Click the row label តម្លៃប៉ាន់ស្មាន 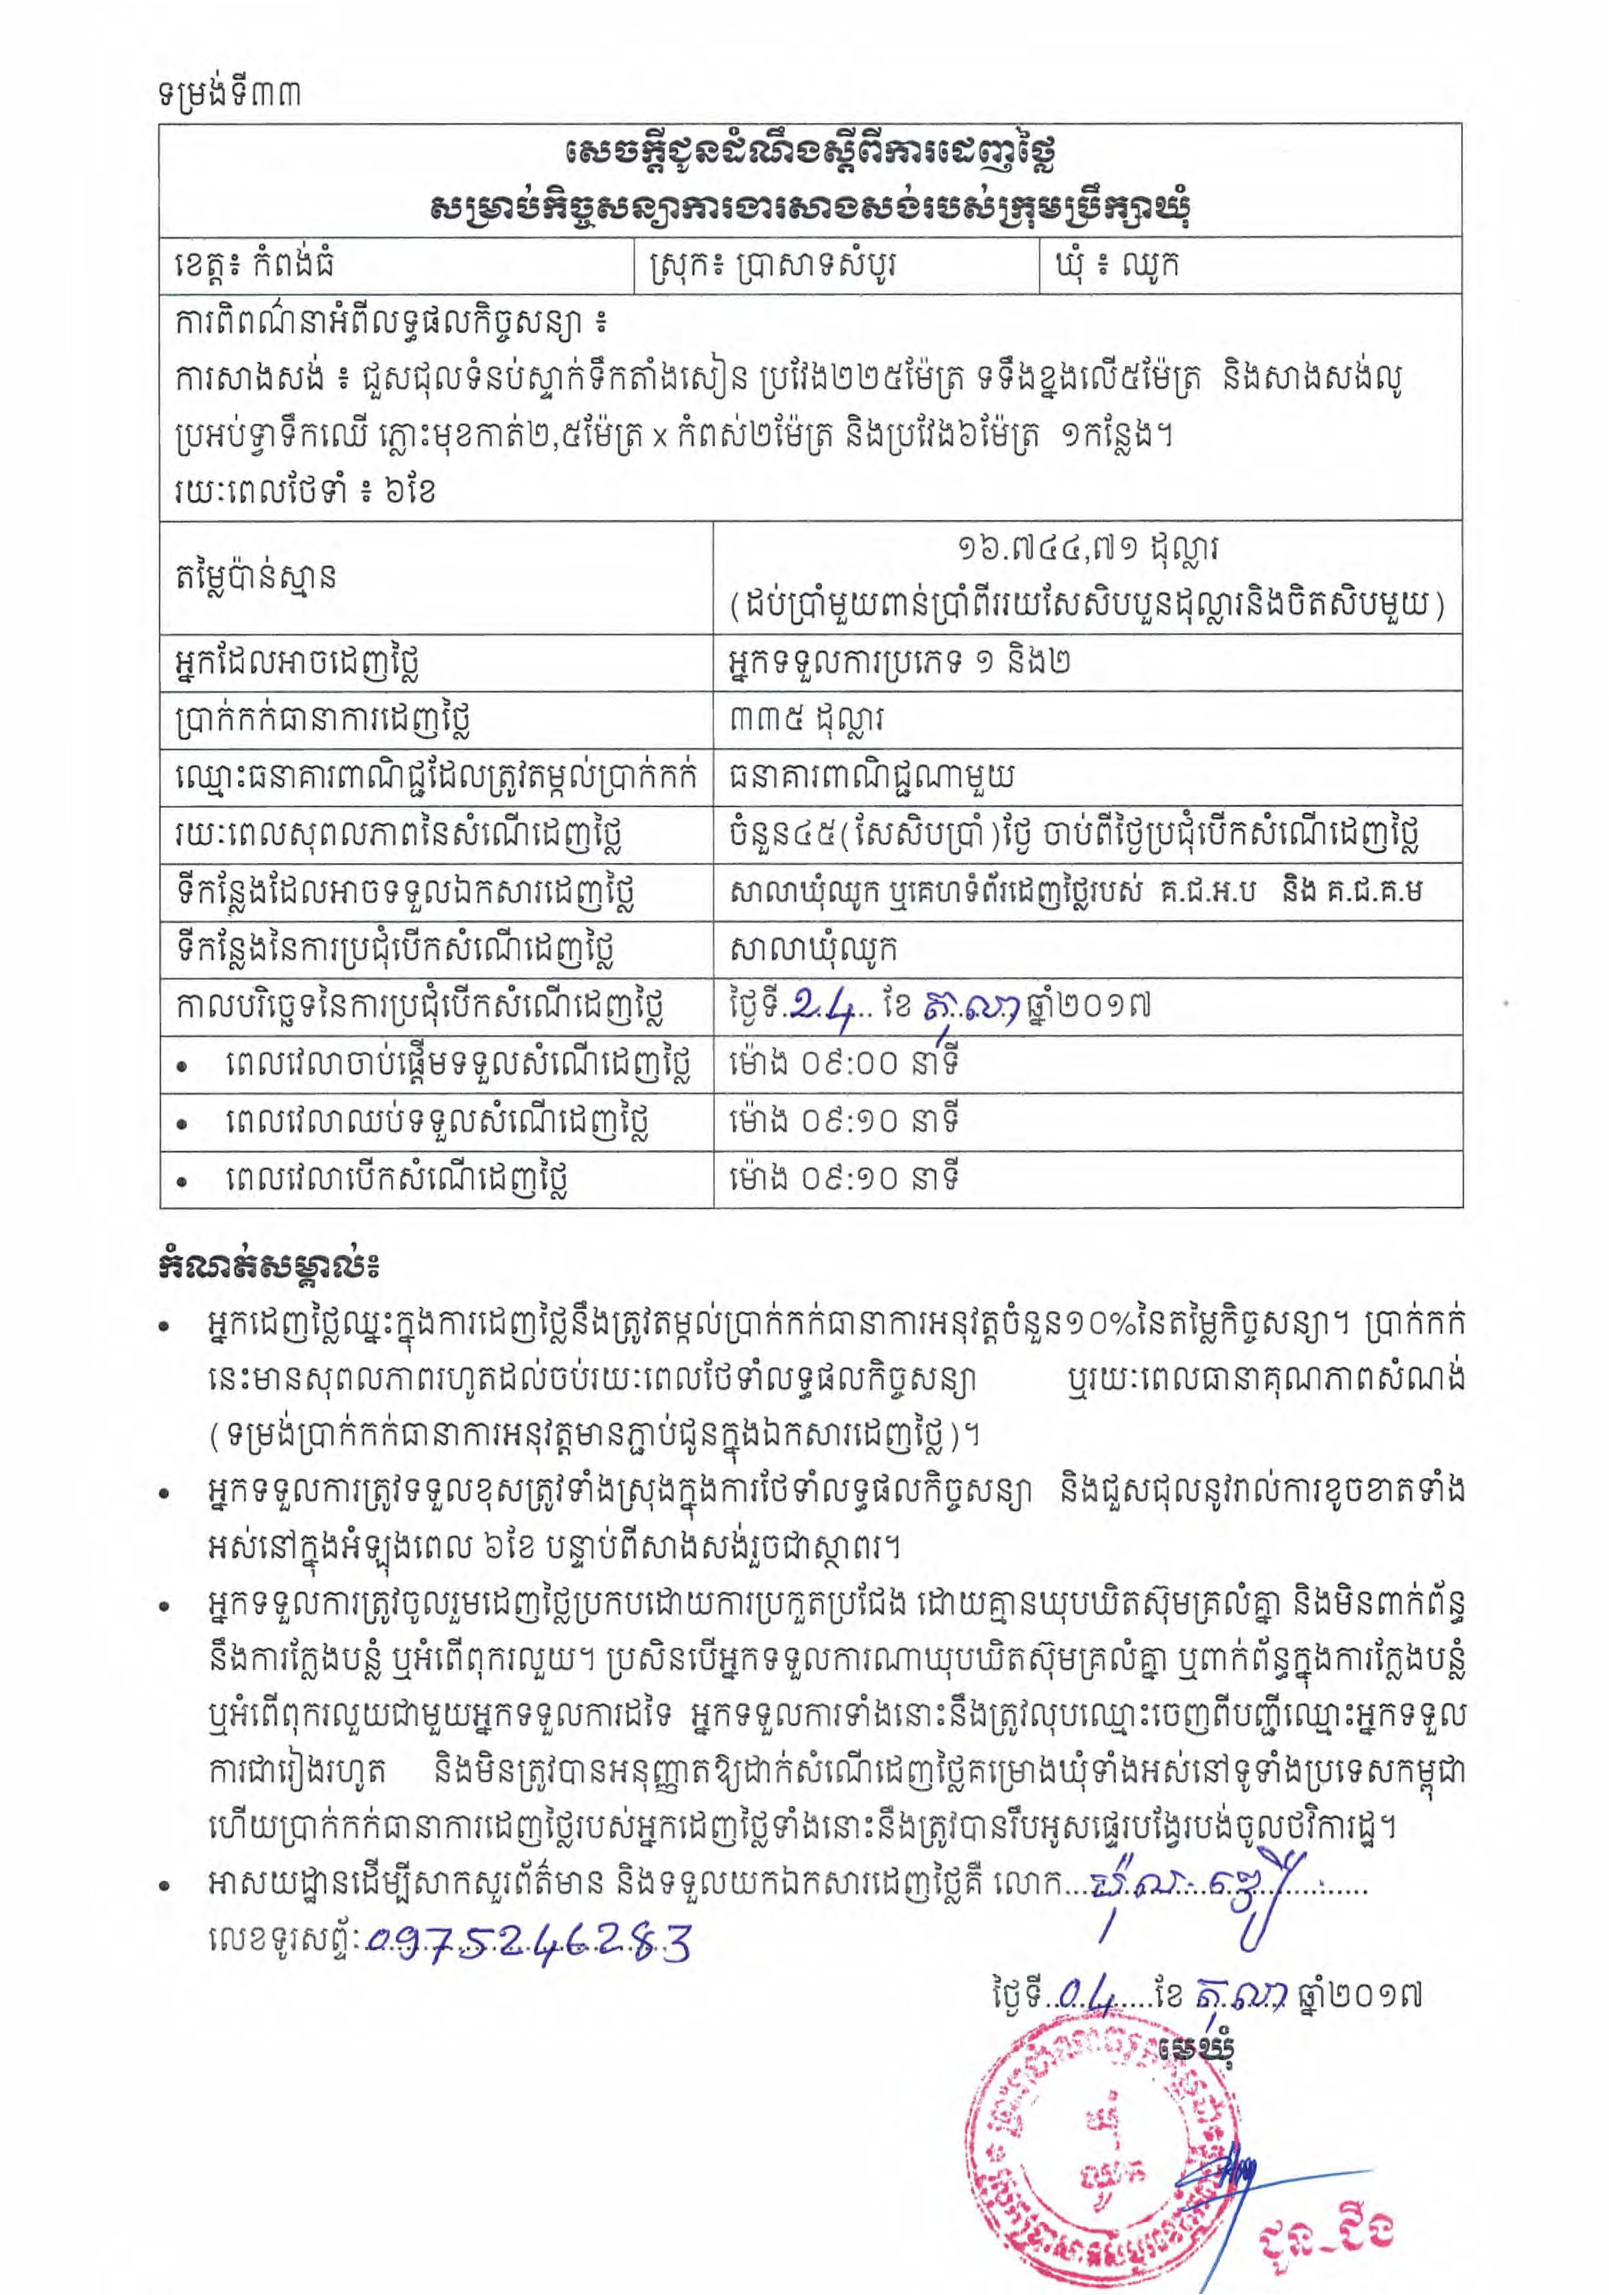(x=255, y=577)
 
